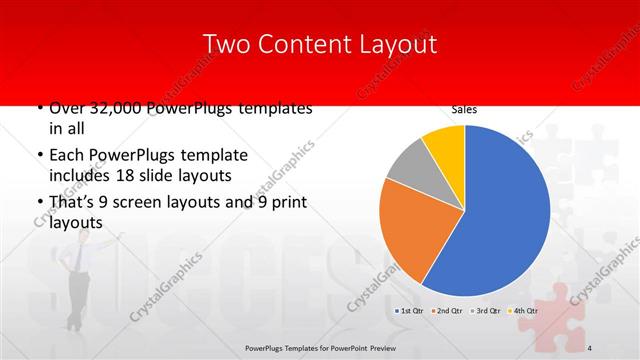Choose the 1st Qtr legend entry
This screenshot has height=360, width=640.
[410, 311]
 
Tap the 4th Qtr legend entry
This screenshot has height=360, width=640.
[525, 311]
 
